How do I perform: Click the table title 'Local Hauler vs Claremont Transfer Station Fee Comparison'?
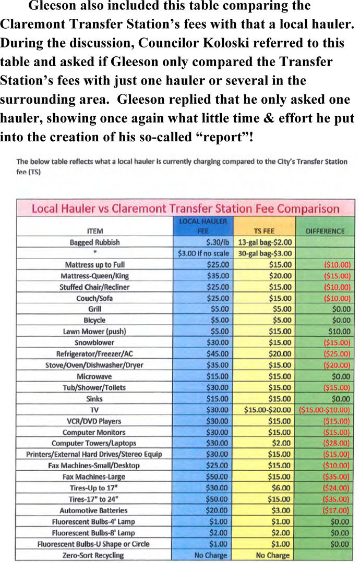coord(185,209)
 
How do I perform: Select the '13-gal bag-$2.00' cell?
coord(265,242)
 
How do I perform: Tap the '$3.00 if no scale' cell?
coord(203,253)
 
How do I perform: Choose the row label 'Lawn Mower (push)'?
coord(94,332)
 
